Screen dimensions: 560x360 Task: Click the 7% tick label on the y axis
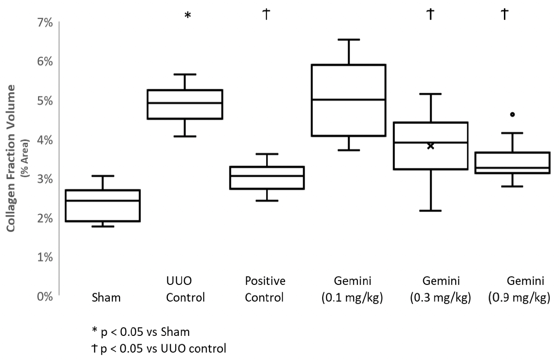point(45,23)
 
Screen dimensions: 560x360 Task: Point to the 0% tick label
point(45,297)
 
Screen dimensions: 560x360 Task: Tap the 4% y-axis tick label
point(45,140)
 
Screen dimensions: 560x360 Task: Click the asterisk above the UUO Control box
point(187,15)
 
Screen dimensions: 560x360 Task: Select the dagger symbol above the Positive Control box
point(267,14)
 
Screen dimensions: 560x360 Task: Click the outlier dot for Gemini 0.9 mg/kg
point(512,115)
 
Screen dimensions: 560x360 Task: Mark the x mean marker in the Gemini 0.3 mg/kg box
point(431,146)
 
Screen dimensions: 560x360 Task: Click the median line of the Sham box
point(102,200)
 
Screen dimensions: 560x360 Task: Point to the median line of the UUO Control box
point(185,103)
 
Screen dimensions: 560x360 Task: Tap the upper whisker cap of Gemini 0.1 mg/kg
point(349,39)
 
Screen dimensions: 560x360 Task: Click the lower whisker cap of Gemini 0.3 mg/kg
point(431,211)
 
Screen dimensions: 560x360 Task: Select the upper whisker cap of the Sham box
point(103,176)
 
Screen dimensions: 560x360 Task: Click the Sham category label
point(106,298)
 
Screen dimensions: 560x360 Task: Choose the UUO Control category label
point(185,289)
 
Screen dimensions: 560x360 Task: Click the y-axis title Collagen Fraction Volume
point(11,158)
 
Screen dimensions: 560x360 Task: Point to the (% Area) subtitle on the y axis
point(25,158)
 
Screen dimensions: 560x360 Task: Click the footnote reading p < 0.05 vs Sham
point(141,332)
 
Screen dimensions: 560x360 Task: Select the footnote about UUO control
point(159,348)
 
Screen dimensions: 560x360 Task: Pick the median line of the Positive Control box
point(267,176)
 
